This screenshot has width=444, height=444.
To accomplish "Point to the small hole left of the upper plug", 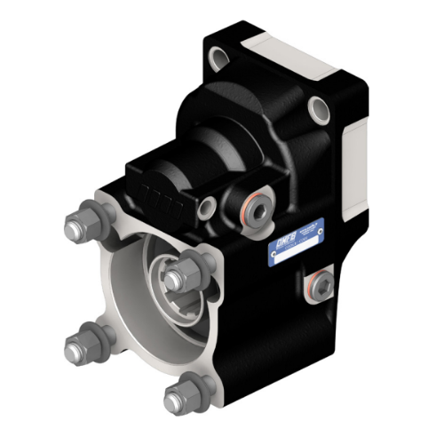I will click(x=207, y=209).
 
